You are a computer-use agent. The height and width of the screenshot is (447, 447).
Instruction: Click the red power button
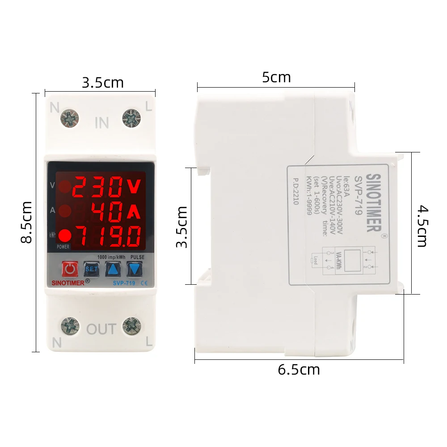pyautogui.click(x=70, y=269)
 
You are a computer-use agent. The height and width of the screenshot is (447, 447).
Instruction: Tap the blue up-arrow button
pyautogui.click(x=113, y=269)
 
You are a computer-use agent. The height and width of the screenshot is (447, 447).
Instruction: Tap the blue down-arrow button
pyautogui.click(x=134, y=269)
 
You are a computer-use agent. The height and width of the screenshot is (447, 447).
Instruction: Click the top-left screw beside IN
pyautogui.click(x=69, y=118)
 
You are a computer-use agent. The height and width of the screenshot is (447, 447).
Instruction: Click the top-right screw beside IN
pyautogui.click(x=131, y=118)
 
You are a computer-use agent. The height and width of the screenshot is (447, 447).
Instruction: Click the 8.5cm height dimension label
pyautogui.click(x=26, y=222)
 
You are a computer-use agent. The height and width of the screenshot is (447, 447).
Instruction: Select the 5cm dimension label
pyautogui.click(x=276, y=77)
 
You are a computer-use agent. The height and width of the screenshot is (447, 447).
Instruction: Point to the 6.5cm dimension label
pyautogui.click(x=299, y=370)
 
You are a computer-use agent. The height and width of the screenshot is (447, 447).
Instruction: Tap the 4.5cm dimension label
pyautogui.click(x=422, y=226)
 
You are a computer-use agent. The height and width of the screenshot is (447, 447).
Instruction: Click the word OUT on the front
pyautogui.click(x=101, y=330)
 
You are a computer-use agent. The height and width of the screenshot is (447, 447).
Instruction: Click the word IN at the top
pyautogui.click(x=101, y=122)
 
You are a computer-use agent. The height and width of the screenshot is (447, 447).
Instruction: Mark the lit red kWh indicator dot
pyautogui.click(x=65, y=235)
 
